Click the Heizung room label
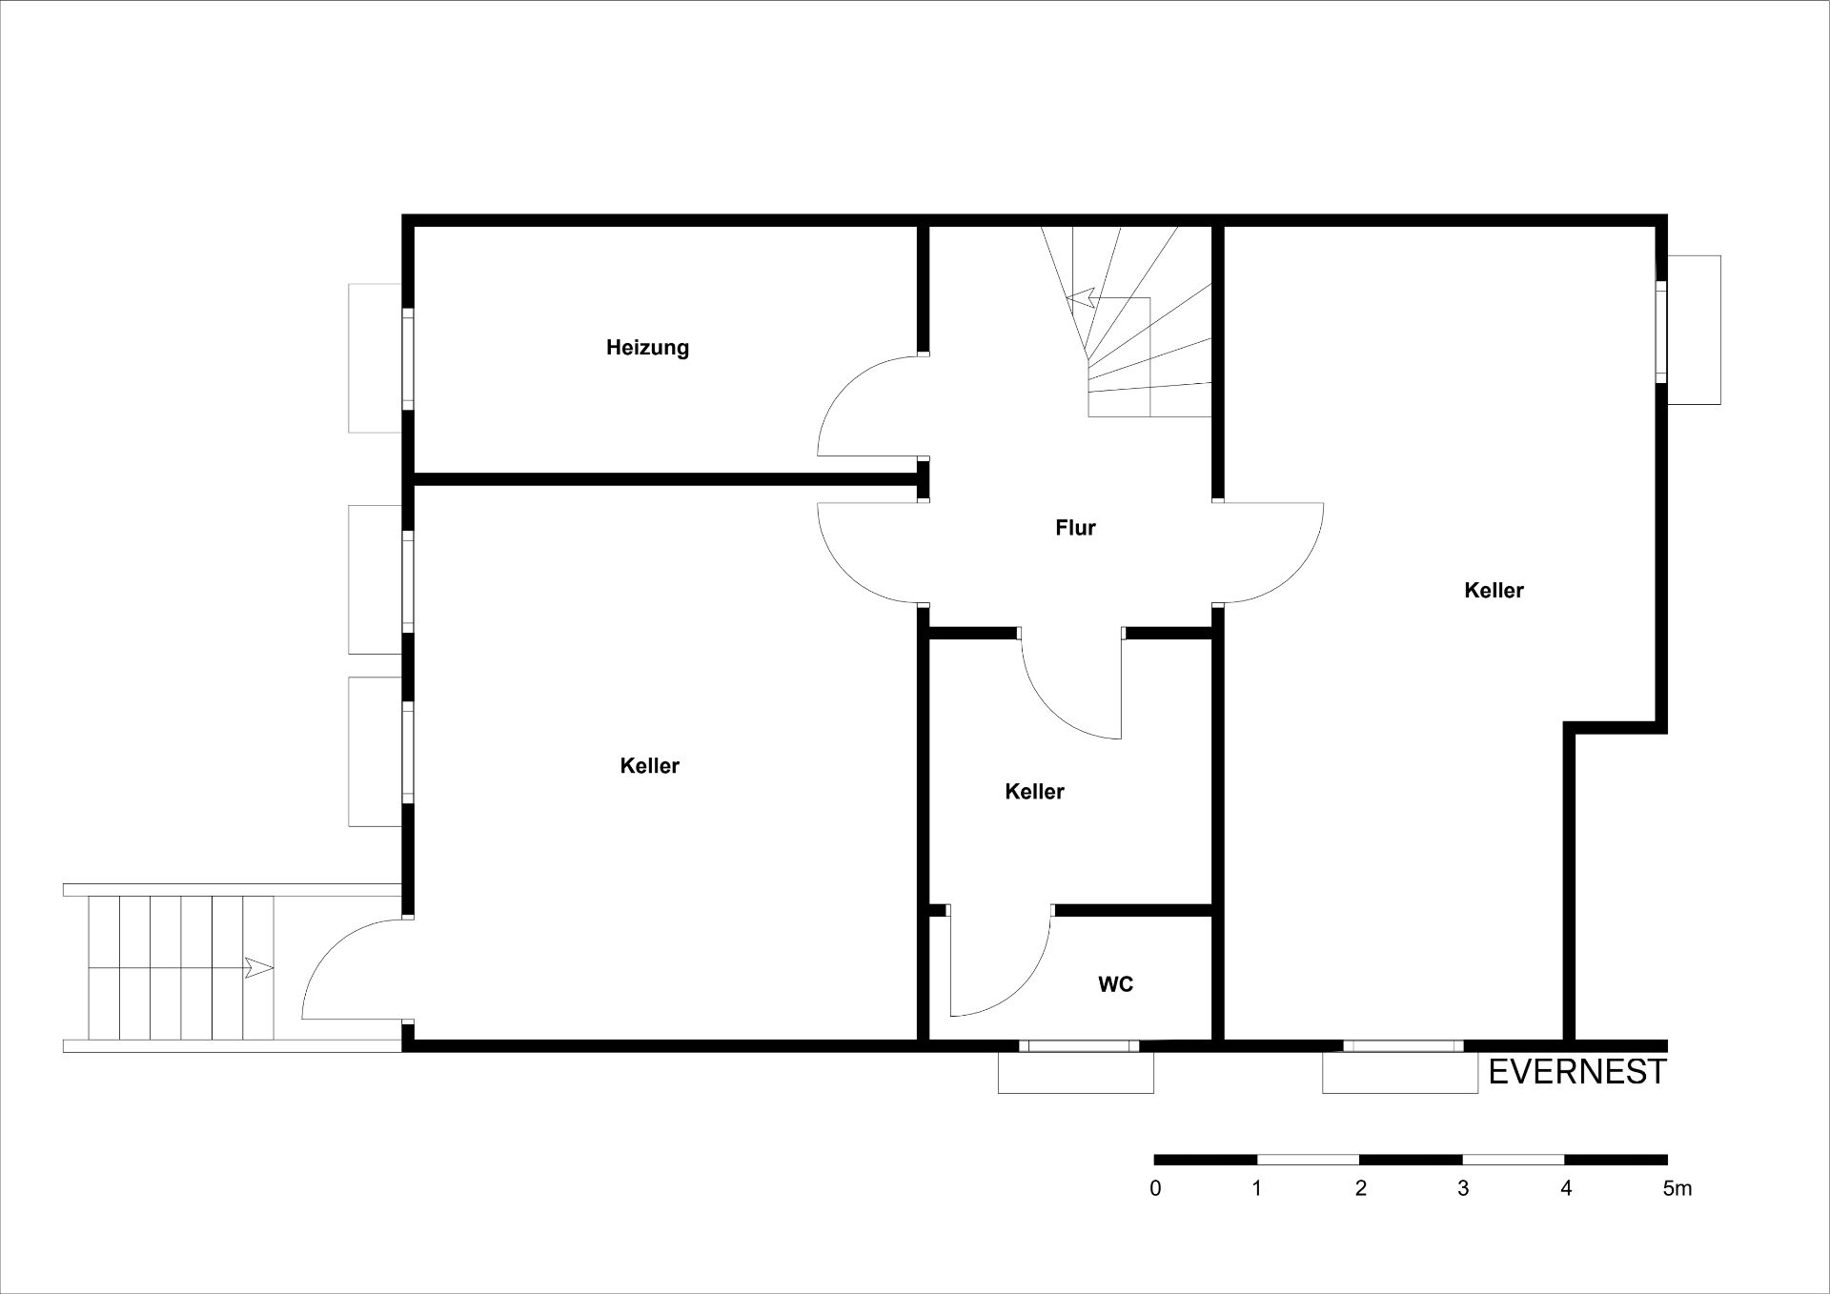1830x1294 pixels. pos(647,348)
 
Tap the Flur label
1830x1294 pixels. pos(1075,528)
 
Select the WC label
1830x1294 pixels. pos(1115,984)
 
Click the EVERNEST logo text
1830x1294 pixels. pos(1577,1072)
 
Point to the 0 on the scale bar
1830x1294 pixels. pos(1156,1188)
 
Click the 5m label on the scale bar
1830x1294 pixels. pos(1677,1188)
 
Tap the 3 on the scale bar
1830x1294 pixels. pos(1463,1188)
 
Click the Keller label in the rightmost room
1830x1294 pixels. pos(1494,591)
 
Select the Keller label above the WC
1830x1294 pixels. pos(1034,792)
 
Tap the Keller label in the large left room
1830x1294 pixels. pos(649,766)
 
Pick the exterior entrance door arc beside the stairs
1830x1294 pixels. pos(329,948)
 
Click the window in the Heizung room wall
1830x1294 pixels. pos(408,358)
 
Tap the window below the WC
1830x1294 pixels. pos(1079,1045)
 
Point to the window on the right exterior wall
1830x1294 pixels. pos(1661,331)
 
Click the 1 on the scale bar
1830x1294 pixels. pos(1258,1188)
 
